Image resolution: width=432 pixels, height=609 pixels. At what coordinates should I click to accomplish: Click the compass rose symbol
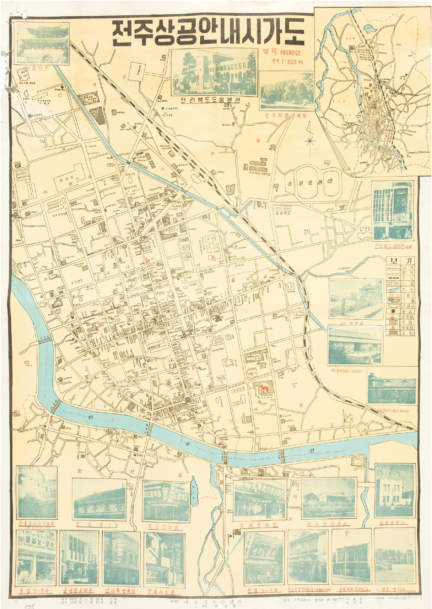310,141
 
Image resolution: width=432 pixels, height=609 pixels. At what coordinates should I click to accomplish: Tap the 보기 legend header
400,261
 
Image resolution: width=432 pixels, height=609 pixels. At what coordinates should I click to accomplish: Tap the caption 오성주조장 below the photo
97,525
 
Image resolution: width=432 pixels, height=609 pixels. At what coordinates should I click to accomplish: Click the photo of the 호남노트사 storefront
36,557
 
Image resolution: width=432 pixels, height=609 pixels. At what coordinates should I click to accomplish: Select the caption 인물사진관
161,592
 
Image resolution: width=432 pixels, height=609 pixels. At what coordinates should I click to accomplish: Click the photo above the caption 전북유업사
395,490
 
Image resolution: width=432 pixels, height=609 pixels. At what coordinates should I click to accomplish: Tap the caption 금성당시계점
80,591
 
